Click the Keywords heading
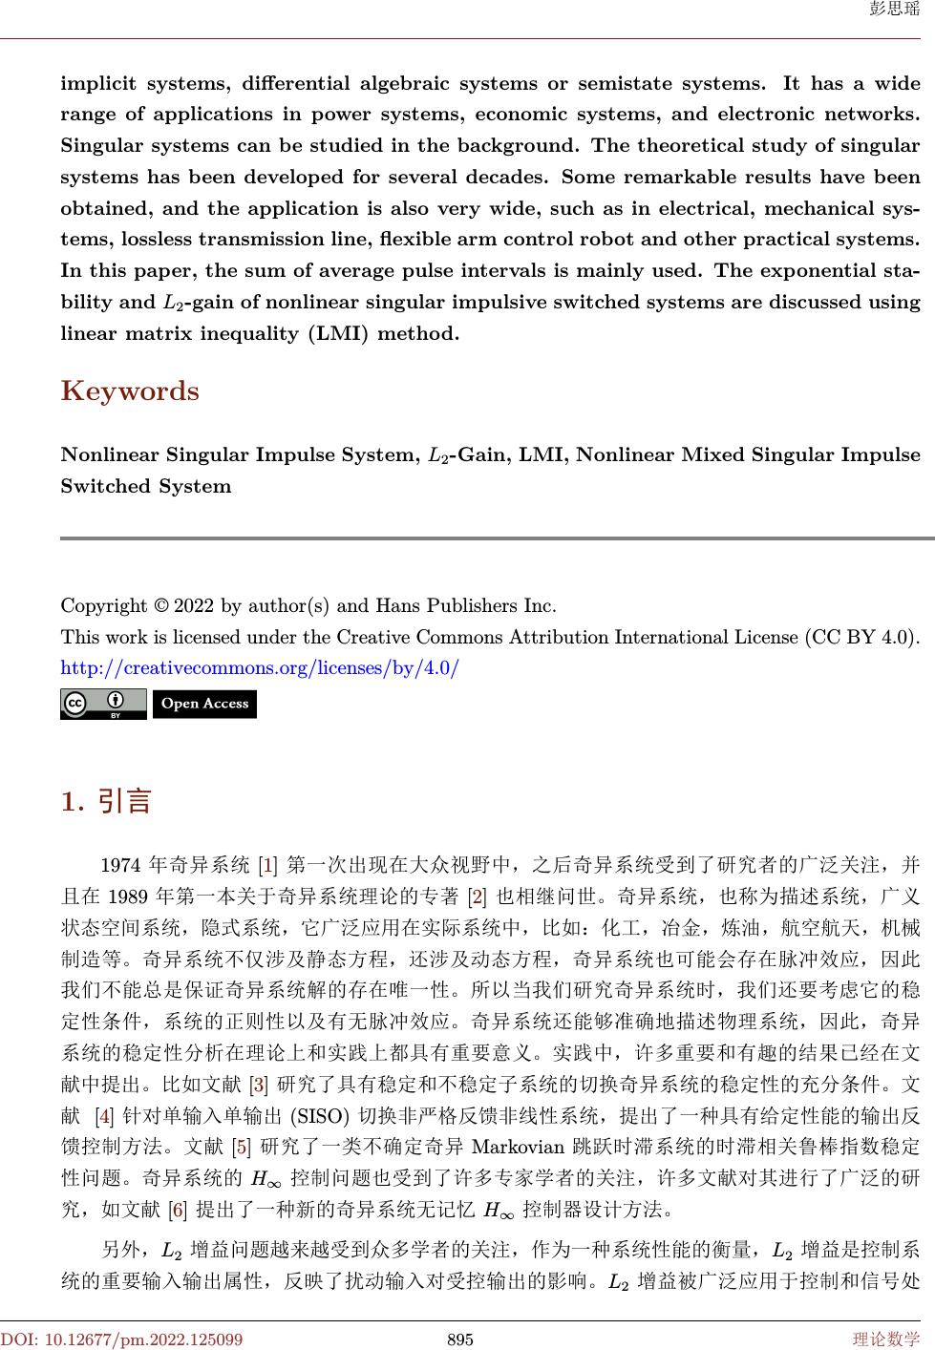pos(130,391)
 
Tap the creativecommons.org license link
pos(260,667)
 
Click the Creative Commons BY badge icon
pos(103,705)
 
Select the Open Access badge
pos(204,705)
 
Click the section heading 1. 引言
pos(106,800)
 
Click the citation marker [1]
pos(268,866)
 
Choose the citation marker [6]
pos(177,1211)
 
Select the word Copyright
pos(102,605)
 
